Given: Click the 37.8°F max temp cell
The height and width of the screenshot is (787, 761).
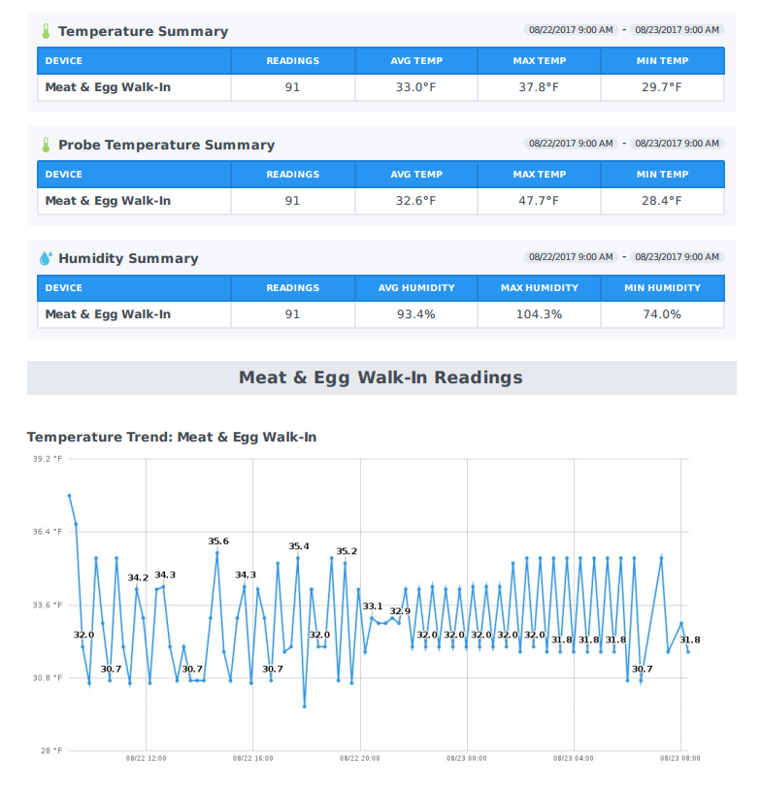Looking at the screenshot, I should (x=539, y=87).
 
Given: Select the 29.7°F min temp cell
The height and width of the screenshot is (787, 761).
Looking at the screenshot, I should (x=662, y=87).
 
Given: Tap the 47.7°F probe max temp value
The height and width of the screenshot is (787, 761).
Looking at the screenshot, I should (x=539, y=201).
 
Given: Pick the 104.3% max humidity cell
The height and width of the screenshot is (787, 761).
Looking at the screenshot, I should (x=539, y=314).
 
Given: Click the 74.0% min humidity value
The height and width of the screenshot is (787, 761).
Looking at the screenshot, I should (x=662, y=314).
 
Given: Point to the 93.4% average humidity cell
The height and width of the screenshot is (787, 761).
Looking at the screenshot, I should (x=415, y=314).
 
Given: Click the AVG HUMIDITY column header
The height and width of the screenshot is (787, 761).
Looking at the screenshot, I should (x=415, y=288).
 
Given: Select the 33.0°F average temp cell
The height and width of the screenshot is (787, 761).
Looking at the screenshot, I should (x=415, y=87).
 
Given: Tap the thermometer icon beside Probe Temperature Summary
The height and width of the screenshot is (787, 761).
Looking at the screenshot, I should (x=45, y=145).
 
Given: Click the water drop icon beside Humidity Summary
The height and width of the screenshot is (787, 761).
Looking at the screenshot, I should (x=45, y=258).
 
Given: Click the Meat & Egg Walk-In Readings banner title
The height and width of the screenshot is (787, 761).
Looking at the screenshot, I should (x=380, y=377).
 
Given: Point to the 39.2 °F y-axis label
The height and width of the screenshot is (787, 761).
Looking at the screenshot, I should (x=48, y=459).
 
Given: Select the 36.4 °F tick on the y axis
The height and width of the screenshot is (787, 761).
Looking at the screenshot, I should (x=48, y=532).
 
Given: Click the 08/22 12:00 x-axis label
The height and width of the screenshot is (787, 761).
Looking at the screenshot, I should (x=147, y=758).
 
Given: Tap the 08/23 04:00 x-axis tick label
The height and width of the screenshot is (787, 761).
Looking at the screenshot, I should (x=574, y=758).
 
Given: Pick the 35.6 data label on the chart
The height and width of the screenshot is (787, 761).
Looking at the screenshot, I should (x=218, y=541).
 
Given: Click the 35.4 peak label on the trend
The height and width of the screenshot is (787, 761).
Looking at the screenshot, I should (x=299, y=546).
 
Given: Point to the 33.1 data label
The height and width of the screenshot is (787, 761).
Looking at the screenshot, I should (x=373, y=607).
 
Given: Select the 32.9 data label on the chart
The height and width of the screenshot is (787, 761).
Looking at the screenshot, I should (x=400, y=611).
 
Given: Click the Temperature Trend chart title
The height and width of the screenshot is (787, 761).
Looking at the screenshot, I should (x=172, y=438).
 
